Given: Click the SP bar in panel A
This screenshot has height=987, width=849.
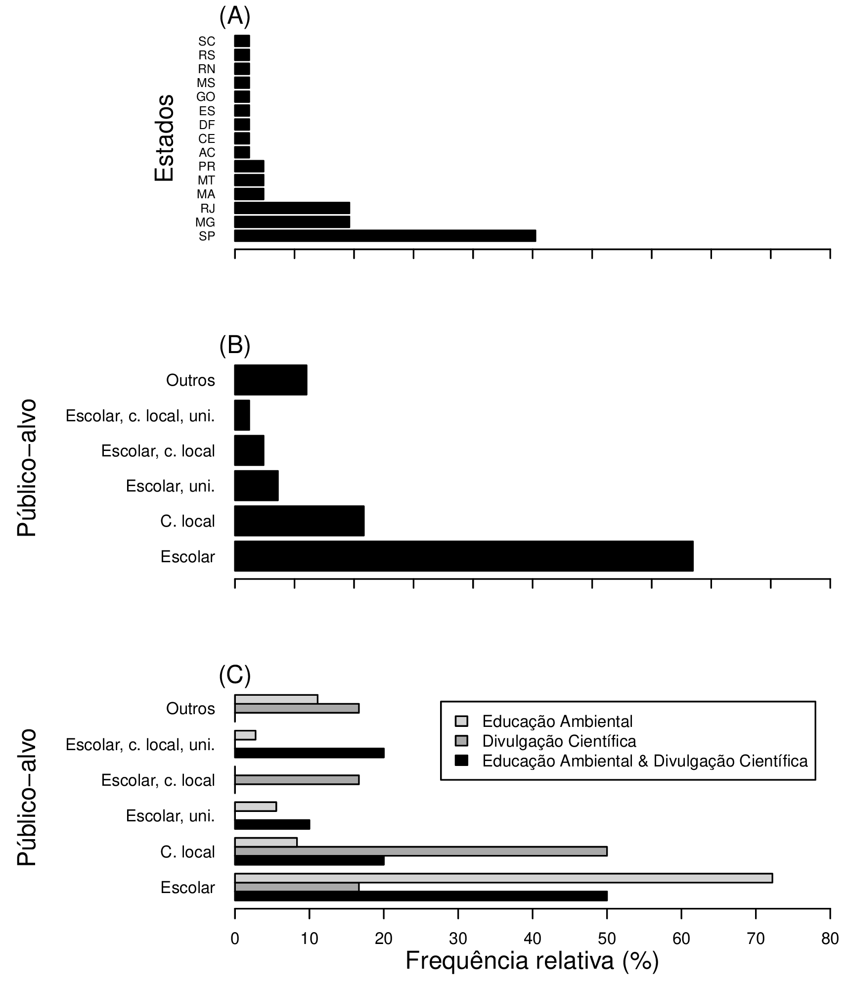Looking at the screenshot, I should click(385, 236).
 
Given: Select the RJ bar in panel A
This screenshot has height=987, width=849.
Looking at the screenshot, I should click(292, 208).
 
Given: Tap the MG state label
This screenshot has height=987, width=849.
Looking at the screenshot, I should click(205, 223).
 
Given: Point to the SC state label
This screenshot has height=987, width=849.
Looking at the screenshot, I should click(207, 42).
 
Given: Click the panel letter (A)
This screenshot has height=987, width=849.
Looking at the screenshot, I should click(235, 16).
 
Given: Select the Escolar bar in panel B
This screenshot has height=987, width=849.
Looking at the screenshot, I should click(463, 556).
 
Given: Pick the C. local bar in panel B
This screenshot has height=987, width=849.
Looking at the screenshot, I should click(299, 521).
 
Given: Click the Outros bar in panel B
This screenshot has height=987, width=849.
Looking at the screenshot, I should click(270, 380).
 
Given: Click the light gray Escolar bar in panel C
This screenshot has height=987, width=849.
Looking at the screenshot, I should click(503, 878).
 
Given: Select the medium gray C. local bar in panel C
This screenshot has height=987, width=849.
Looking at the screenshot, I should click(420, 851).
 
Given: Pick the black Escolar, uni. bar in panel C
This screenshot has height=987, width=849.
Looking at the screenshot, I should click(272, 824).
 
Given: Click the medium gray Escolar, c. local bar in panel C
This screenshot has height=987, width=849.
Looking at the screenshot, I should click(297, 780).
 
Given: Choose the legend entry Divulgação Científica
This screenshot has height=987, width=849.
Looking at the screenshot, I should click(559, 741).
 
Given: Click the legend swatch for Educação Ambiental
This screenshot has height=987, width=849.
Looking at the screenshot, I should click(461, 721).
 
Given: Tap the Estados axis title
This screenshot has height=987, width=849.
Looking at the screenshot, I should click(164, 138).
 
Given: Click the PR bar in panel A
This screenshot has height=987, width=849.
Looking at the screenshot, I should click(249, 166).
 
